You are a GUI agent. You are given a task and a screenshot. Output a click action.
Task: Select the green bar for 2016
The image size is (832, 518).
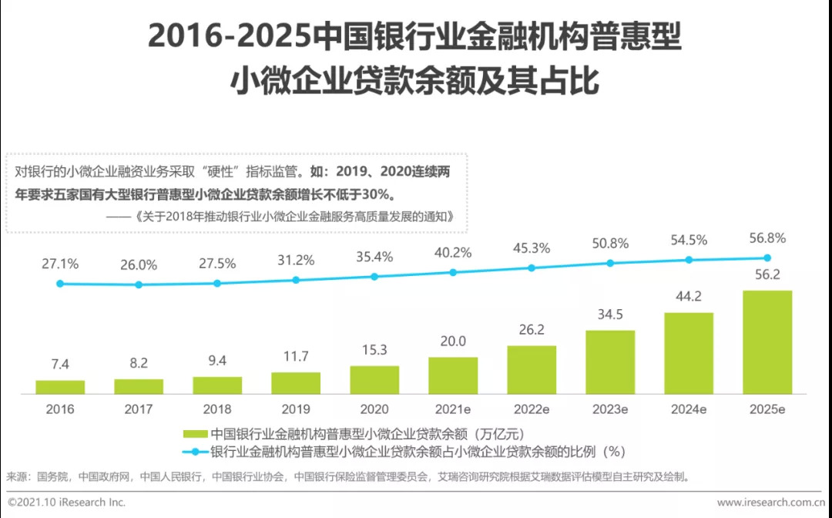point(60,387)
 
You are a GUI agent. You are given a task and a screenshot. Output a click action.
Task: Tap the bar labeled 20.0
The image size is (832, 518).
point(453,375)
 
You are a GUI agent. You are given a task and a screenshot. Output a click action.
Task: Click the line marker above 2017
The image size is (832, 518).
point(139,284)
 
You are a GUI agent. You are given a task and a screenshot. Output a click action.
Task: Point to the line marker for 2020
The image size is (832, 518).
point(374,276)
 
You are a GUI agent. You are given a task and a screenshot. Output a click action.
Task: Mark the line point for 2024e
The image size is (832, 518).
point(689,261)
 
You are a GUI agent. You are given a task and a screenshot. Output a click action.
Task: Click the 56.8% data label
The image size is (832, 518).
point(767,238)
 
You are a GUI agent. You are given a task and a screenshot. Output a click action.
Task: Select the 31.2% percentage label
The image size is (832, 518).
point(296,261)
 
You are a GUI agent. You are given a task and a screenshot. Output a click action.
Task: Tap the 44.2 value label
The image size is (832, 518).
point(689,297)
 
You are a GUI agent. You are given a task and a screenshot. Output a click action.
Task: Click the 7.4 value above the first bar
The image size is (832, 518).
point(60,365)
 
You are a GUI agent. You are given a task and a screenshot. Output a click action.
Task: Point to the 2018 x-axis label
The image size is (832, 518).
point(217,409)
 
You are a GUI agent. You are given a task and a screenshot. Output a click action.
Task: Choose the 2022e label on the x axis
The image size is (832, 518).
point(532,409)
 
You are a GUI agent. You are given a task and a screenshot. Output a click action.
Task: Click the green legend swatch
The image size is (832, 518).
point(193,435)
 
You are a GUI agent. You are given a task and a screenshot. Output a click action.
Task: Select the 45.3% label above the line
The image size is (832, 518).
point(532,248)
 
